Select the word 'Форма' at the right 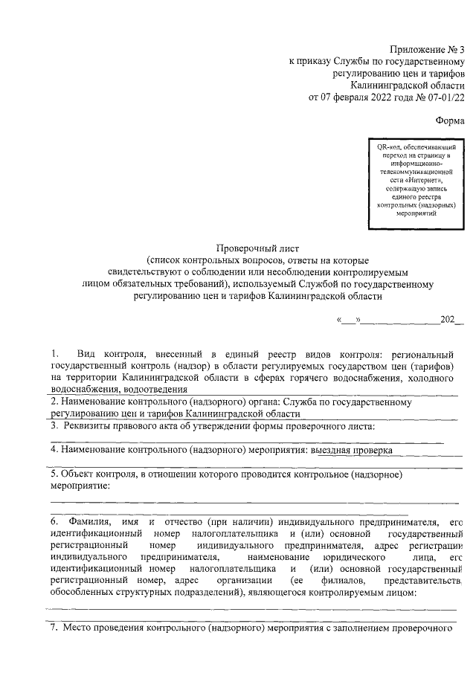pos(448,120)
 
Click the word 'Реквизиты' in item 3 pos(91,425)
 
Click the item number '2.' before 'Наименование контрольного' pos(54,402)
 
